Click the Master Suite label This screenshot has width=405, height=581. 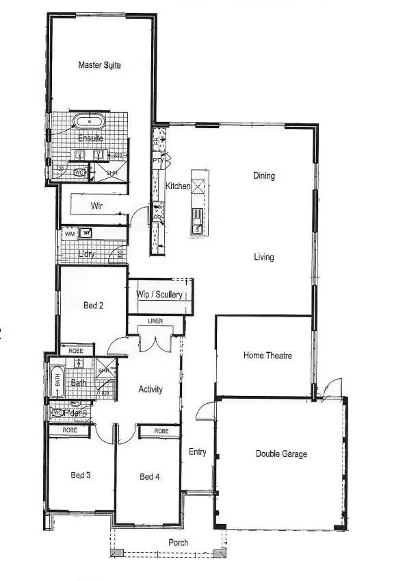pos(99,65)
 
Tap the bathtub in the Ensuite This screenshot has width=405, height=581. pos(90,123)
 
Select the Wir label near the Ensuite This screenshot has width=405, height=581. pos(96,205)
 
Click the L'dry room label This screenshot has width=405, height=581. pos(86,254)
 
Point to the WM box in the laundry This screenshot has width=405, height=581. pos(69,234)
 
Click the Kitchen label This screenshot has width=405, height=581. pos(178,186)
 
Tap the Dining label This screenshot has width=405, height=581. pos(264,176)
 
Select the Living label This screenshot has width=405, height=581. pos(264,258)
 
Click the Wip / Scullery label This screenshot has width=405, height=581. pos(159,295)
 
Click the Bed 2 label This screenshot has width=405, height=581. pos(93,306)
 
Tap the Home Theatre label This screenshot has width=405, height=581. pos(267,356)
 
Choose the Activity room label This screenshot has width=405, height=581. pos(151,389)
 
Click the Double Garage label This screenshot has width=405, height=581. pos(281,454)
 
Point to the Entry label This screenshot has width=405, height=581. pos(197,452)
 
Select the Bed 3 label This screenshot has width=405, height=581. pos(81,475)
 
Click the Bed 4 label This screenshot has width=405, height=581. pos(149,477)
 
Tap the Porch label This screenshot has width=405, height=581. pos(179,543)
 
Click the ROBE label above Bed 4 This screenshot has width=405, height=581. pos(161,431)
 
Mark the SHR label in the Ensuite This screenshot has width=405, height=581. pos(112,173)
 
